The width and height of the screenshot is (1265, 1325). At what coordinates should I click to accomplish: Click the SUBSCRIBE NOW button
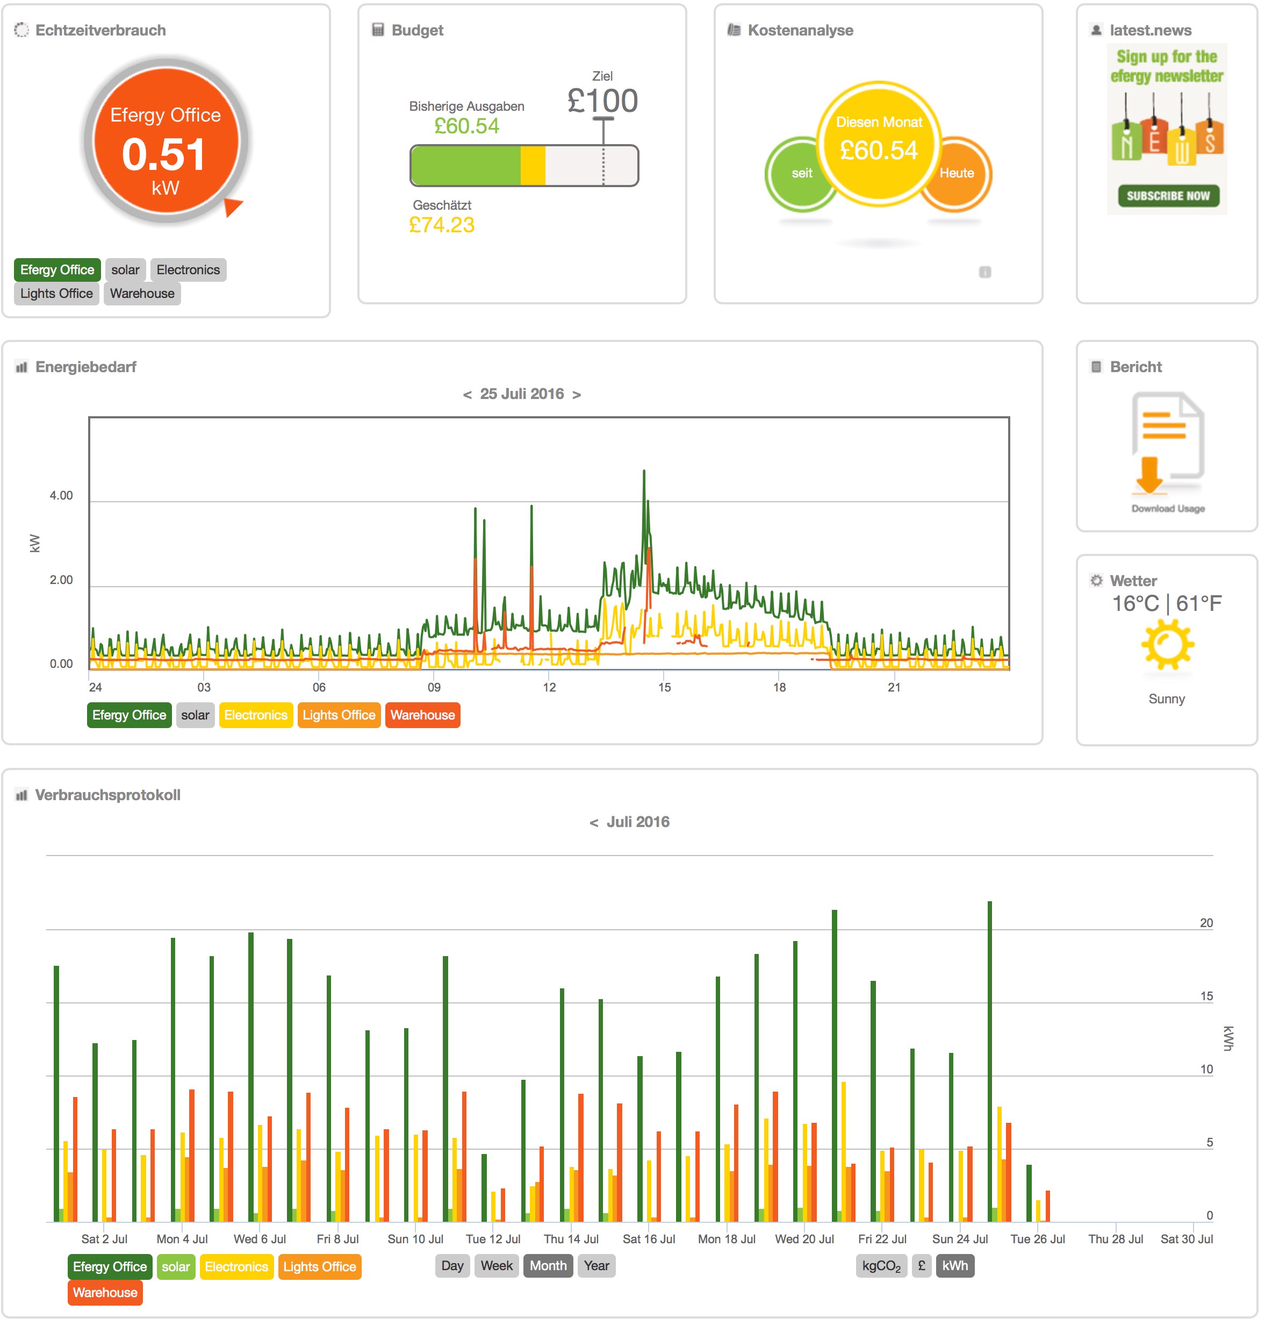(x=1168, y=196)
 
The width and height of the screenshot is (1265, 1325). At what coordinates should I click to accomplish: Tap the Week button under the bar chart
(x=497, y=1266)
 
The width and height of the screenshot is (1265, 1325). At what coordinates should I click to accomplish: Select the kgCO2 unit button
(x=881, y=1266)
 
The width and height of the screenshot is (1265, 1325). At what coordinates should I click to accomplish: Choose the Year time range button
(x=596, y=1266)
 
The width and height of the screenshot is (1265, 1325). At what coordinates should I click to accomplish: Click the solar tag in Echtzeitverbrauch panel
(x=125, y=270)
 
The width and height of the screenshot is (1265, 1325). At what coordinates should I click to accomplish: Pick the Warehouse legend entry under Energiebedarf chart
(x=422, y=715)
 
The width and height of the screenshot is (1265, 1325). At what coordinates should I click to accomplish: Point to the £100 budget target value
(x=602, y=102)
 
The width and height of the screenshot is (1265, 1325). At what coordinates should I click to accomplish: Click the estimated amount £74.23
(x=442, y=225)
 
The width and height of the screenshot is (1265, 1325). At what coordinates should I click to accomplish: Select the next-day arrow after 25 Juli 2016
(x=577, y=395)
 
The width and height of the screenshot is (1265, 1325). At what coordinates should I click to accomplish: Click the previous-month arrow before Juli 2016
(x=593, y=822)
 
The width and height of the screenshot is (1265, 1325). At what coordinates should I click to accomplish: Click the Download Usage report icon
(x=1167, y=445)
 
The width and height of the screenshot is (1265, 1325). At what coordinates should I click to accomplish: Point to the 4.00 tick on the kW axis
(x=61, y=496)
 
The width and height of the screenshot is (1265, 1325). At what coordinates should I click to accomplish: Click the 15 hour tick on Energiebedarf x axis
(x=664, y=687)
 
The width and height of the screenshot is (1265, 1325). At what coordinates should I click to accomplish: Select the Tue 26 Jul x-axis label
(x=1037, y=1239)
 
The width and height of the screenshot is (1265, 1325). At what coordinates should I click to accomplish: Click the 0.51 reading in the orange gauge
(x=164, y=154)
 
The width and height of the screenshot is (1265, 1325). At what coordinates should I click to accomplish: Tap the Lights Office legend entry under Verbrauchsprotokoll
(x=319, y=1267)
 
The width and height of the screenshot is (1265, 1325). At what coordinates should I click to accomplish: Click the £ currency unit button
(x=921, y=1266)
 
